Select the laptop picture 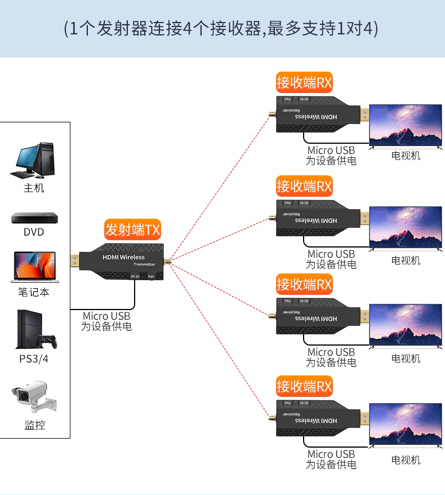pyautogui.click(x=34, y=267)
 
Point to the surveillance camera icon pyautogui.click(x=34, y=398)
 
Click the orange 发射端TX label pyautogui.click(x=133, y=230)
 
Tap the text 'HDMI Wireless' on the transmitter pyautogui.click(x=123, y=257)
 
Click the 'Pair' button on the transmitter pyautogui.click(x=151, y=276)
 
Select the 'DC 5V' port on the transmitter pyautogui.click(x=135, y=276)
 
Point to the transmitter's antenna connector pyautogui.click(x=167, y=261)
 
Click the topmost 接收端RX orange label pyautogui.click(x=304, y=83)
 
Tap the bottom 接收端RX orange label pyautogui.click(x=304, y=387)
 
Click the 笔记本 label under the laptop pyautogui.click(x=34, y=292)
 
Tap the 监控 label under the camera pyautogui.click(x=34, y=425)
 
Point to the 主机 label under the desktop pyautogui.click(x=34, y=188)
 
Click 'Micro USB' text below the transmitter pyautogui.click(x=106, y=316)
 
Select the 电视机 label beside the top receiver pyautogui.click(x=406, y=156)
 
